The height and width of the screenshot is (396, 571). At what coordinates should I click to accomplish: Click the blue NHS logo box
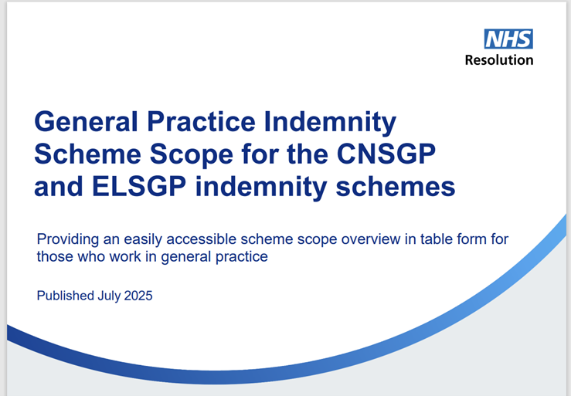[x=508, y=39]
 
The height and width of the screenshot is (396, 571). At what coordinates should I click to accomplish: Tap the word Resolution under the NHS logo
[x=499, y=60]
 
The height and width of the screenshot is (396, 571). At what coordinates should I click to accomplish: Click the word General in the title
[x=86, y=121]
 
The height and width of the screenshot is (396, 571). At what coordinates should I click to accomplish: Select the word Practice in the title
[x=201, y=121]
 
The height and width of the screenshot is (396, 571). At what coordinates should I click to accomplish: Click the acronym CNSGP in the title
[x=386, y=154]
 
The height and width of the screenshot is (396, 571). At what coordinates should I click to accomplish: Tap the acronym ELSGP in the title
[x=139, y=187]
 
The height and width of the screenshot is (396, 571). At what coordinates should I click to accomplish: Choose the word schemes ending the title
[x=396, y=187]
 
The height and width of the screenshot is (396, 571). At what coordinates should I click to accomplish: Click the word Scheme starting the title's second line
[x=87, y=154]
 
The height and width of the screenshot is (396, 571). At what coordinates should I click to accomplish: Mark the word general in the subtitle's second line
[x=186, y=257]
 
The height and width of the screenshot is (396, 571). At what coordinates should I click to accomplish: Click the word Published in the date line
[x=66, y=296]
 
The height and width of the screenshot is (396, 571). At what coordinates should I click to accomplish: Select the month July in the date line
[x=109, y=296]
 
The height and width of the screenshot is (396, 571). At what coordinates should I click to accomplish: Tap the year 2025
[x=138, y=296]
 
